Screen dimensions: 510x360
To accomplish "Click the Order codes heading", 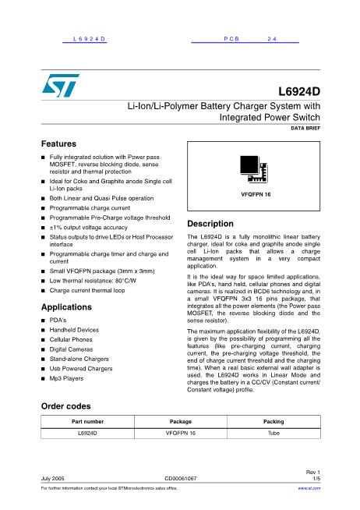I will coord(65,406).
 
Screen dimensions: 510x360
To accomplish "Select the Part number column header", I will coord(82,422).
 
